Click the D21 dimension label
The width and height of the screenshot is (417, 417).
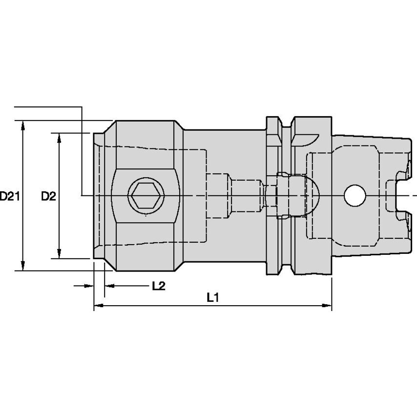(9, 197)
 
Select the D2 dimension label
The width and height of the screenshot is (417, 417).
(48, 197)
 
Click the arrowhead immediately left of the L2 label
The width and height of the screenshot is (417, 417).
(110, 286)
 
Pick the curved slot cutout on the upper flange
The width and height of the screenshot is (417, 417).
(306, 141)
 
